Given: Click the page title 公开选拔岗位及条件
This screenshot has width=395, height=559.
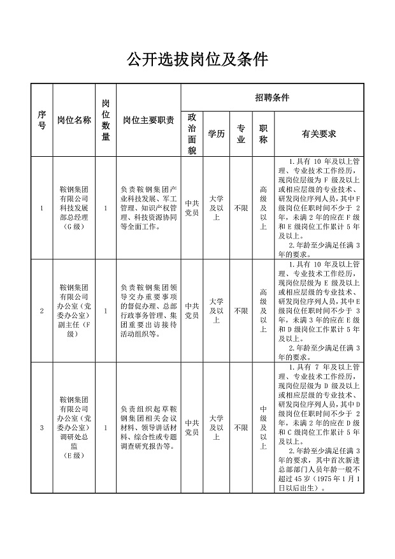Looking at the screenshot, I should pos(197,60).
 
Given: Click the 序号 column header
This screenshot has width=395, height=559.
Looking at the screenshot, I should pos(42,119).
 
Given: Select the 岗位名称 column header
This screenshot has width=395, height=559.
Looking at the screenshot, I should pos(74,119).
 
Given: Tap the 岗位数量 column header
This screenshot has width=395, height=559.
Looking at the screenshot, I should pos(106,119).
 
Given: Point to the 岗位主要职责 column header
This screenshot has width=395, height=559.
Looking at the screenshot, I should pos(148,119).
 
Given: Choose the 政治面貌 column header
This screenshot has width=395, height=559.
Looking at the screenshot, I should pos(192,134).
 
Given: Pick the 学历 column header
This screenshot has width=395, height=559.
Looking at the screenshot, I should pos(216,134).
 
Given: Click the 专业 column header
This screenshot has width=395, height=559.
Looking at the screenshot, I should pos(241,134).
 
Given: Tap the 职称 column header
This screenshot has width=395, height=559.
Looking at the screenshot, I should pos(263,134).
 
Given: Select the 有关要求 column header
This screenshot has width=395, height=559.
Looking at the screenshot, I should pos(319,134).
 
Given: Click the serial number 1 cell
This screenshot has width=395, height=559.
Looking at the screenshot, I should pos(42,208).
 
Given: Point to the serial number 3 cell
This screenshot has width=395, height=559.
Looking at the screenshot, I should pos(42,428).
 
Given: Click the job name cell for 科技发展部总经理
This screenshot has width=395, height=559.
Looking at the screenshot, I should pos(74,208).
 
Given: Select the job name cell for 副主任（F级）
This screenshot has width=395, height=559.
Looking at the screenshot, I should pos(74,310).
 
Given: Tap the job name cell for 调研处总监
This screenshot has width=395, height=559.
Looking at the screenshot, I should pos(74,428).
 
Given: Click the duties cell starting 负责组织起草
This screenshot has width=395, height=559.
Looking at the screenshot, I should pos(148,428).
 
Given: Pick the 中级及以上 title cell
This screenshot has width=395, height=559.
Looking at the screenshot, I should pos(263,428).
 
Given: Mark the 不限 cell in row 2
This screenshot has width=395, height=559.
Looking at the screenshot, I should pos(241,311).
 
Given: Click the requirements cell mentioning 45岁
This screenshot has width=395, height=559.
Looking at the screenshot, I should pos(319,428).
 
